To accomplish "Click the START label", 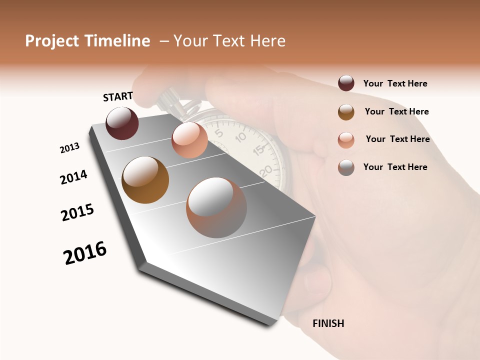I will pyautogui.click(x=118, y=96).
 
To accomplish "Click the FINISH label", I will pyautogui.click(x=328, y=323).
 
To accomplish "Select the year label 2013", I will pyautogui.click(x=69, y=148).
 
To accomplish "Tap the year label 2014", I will pyautogui.click(x=73, y=177).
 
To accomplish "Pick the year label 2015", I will pyautogui.click(x=77, y=212).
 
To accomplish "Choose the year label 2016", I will pyautogui.click(x=85, y=252).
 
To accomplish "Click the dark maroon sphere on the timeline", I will pyautogui.click(x=122, y=123).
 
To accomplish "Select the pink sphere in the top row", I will pyautogui.click(x=189, y=140).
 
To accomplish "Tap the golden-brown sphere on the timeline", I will pyautogui.click(x=145, y=180).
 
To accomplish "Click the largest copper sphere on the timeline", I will pyautogui.click(x=216, y=207).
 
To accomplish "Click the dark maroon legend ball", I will pyautogui.click(x=346, y=83).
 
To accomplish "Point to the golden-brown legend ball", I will pyautogui.click(x=346, y=112).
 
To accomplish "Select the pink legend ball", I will pyautogui.click(x=346, y=140).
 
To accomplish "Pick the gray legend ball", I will pyautogui.click(x=346, y=167).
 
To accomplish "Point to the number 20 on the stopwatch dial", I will pyautogui.click(x=266, y=170).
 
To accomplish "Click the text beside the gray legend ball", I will pyautogui.click(x=395, y=167).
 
